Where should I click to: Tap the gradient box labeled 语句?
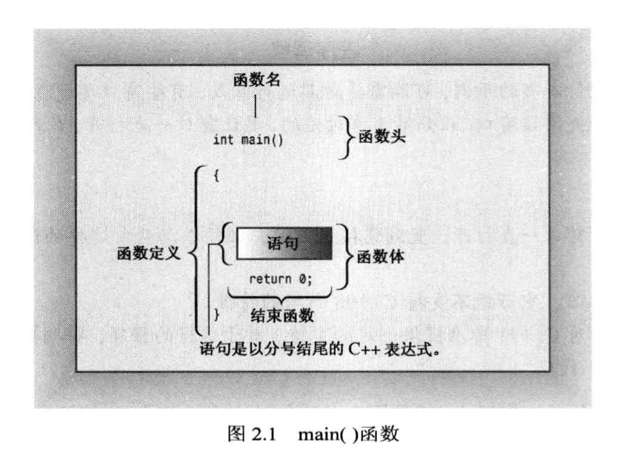284,245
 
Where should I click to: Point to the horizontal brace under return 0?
281,294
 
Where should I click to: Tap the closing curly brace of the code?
216,311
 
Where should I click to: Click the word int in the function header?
223,139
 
